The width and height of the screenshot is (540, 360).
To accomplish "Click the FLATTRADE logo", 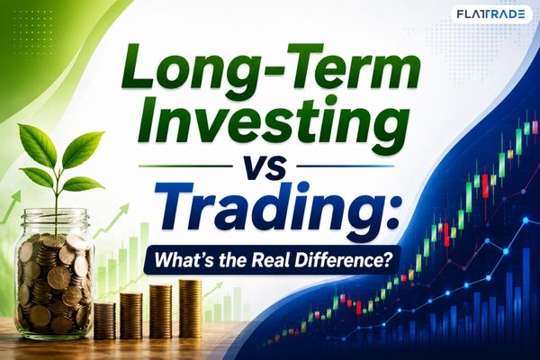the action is coord(490,13).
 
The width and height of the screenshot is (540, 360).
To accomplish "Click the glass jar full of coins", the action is coord(55,273).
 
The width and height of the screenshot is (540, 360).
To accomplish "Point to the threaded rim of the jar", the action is coord(56,217).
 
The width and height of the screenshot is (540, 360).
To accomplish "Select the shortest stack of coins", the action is coord(104,320).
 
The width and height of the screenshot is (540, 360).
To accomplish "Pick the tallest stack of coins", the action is coord(190,309).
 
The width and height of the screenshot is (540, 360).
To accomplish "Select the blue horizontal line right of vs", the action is coord(345,166).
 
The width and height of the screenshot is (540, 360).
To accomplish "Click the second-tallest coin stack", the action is coord(160,311).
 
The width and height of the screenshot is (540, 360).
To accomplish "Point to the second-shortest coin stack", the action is coord(130,316).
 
